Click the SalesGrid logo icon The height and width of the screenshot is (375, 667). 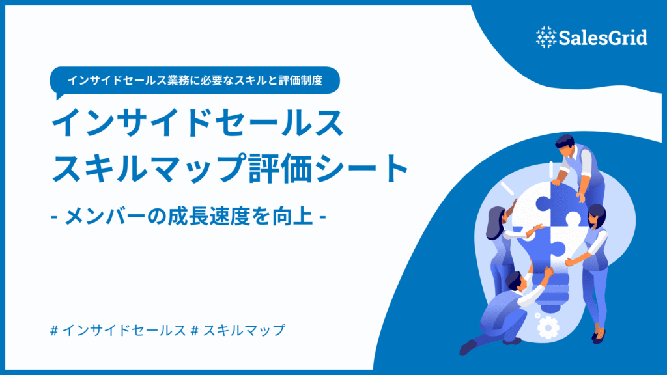click(546, 37)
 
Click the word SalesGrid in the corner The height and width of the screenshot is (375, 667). click(603, 38)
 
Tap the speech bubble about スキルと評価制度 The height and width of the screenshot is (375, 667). click(195, 81)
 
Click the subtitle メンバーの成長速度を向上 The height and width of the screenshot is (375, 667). click(189, 215)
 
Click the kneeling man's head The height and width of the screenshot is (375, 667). click(514, 280)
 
